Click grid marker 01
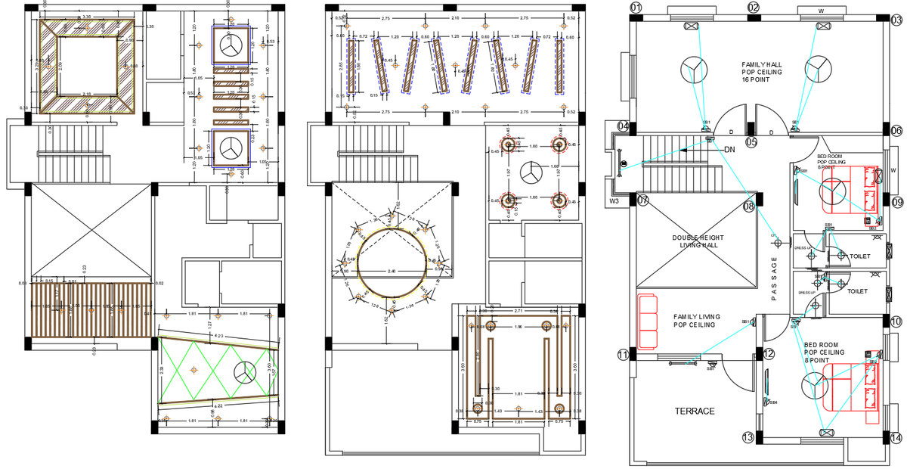(x=636, y=8)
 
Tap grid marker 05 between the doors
(x=751, y=141)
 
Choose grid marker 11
(x=623, y=354)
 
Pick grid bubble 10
(x=896, y=321)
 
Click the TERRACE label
(x=694, y=411)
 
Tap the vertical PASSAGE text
(x=774, y=280)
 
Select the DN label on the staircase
(x=729, y=150)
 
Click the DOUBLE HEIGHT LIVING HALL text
(x=698, y=242)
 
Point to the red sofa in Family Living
(x=646, y=322)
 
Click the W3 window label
(x=614, y=201)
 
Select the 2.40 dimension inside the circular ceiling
(x=391, y=271)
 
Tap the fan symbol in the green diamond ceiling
(x=244, y=371)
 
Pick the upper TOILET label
(x=859, y=256)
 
